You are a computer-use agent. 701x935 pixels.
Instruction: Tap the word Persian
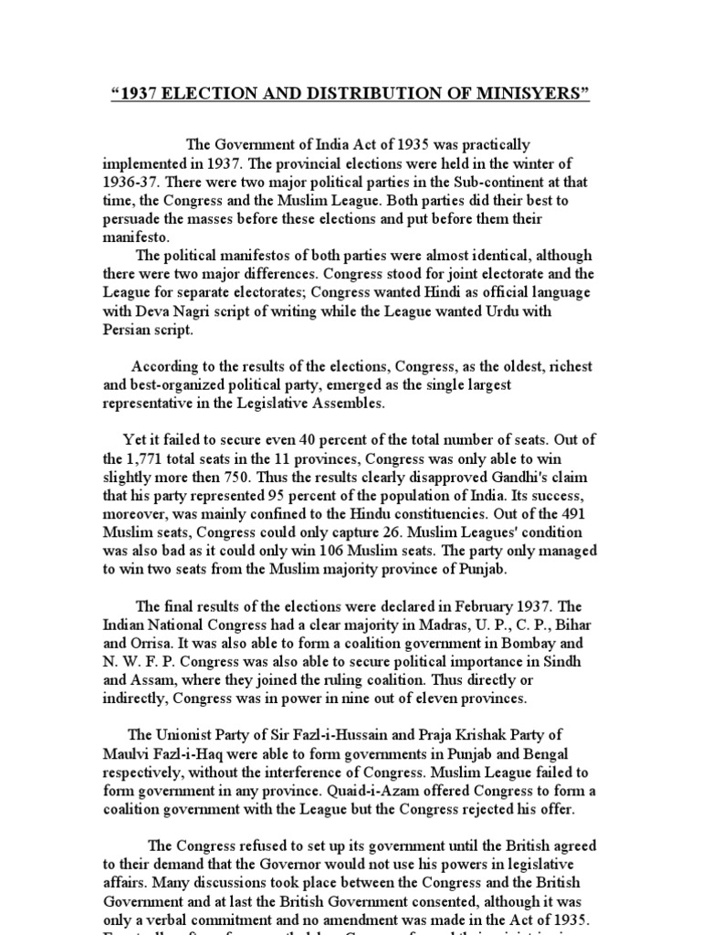click(x=126, y=329)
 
